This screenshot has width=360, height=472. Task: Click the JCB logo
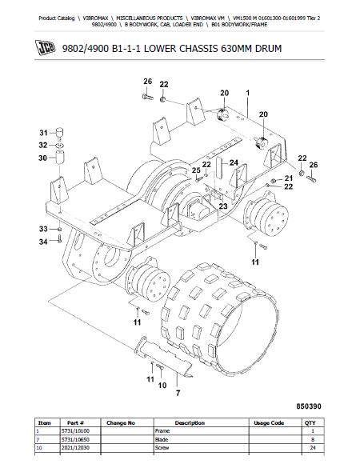[x=46, y=48]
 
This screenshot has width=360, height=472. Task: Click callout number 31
[x=44, y=133]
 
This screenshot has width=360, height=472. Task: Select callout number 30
[x=42, y=158]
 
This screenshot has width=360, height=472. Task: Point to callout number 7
[x=178, y=393]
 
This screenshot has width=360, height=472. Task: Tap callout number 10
[x=162, y=386]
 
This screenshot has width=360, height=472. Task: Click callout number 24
[x=234, y=163]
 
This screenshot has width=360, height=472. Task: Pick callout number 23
[x=223, y=206]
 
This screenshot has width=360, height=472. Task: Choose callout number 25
[x=196, y=170]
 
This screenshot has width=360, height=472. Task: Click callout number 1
[x=248, y=93]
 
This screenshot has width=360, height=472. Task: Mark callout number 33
[x=43, y=229]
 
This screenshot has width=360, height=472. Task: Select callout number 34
[x=43, y=242]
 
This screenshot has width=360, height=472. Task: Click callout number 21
[x=288, y=178]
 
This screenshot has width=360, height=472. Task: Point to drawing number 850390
[x=309, y=406]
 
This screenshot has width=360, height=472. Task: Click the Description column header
[x=190, y=423]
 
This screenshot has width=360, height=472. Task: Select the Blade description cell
[x=162, y=439]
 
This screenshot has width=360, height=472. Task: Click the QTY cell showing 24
[x=313, y=448]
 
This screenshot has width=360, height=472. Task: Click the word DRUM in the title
[x=269, y=49]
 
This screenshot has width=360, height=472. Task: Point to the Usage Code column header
[x=269, y=423]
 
